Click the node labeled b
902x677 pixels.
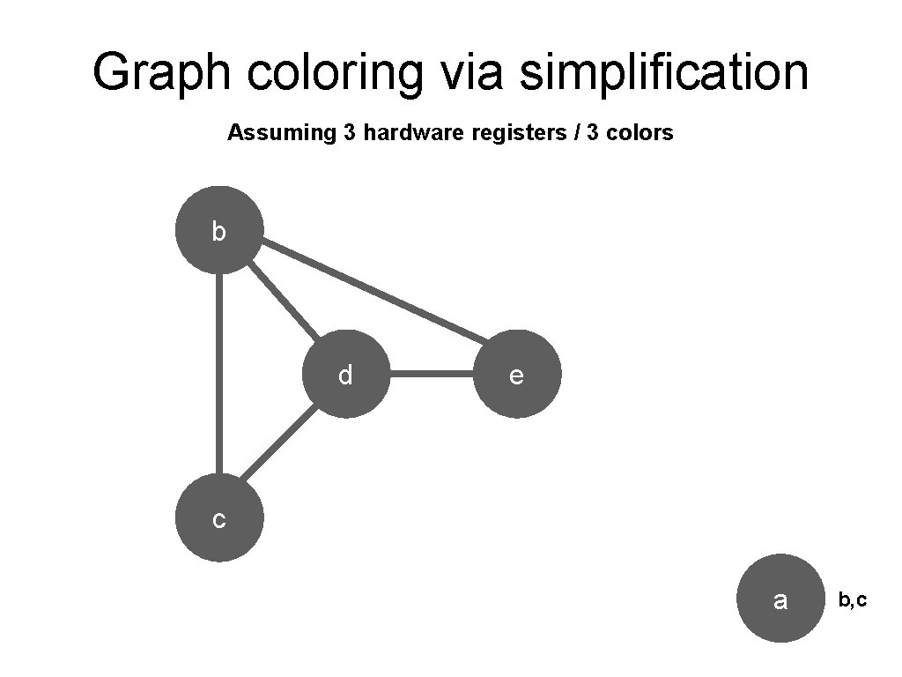(x=219, y=230)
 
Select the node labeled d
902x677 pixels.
(x=346, y=375)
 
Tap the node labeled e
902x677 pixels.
(x=517, y=375)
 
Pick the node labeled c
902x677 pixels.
(x=219, y=518)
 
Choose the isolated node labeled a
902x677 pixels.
(x=780, y=599)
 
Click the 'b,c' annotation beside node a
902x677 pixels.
(x=852, y=600)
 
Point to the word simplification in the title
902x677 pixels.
(x=663, y=72)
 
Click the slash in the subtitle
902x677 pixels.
(x=557, y=133)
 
